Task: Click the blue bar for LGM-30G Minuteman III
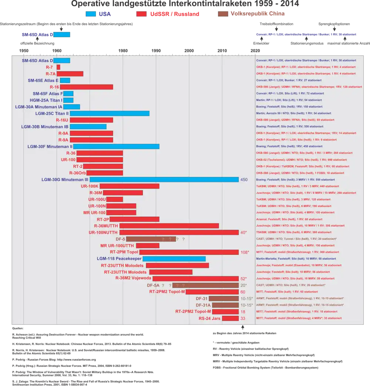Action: tap(164, 180)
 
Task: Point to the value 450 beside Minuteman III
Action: tap(244, 180)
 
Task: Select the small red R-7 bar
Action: tap(58, 67)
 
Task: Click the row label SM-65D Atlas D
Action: tap(37, 61)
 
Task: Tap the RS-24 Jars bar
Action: tap(230, 318)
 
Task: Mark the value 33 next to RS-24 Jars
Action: tap(243, 318)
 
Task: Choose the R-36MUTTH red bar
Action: tap(169, 226)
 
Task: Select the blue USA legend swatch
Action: tap(91, 14)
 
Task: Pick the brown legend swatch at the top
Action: tap(223, 14)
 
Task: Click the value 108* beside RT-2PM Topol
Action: tap(245, 252)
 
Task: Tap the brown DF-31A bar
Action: tap(225, 305)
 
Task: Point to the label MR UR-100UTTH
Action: tap(117, 246)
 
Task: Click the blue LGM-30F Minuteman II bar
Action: tap(116, 146)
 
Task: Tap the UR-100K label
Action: tap(90, 186)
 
